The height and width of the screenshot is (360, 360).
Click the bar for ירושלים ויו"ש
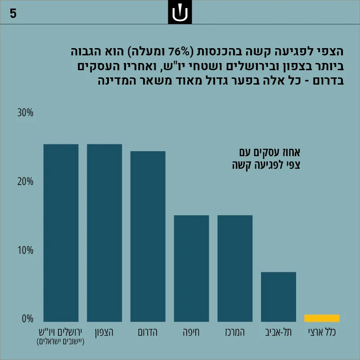point(61,233)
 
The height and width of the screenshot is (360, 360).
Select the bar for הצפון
point(104,233)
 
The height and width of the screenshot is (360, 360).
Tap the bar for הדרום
point(148,236)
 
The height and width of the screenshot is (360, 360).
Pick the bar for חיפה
point(192,268)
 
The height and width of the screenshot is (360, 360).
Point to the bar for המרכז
point(235,268)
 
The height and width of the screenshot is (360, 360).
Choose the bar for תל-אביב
point(279,297)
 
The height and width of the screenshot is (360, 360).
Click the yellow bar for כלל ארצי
point(322,318)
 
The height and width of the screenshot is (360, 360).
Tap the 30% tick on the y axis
point(25,113)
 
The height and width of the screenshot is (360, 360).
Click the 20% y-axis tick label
point(25,182)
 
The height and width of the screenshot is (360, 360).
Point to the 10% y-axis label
point(26,250)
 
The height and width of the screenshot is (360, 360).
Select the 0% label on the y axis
point(27,319)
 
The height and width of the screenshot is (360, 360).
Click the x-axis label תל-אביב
point(279,332)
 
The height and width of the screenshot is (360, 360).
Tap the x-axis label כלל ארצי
point(322,332)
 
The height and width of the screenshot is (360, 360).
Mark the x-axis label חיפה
point(191,332)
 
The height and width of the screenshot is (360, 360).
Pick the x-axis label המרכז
point(235,332)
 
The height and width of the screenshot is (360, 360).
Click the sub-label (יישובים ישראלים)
point(61,342)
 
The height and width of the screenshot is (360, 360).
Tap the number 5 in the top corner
point(13,13)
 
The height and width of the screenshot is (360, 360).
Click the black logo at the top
point(180,12)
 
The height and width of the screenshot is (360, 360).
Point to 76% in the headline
point(179,52)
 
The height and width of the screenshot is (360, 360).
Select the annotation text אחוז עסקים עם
point(270,153)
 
